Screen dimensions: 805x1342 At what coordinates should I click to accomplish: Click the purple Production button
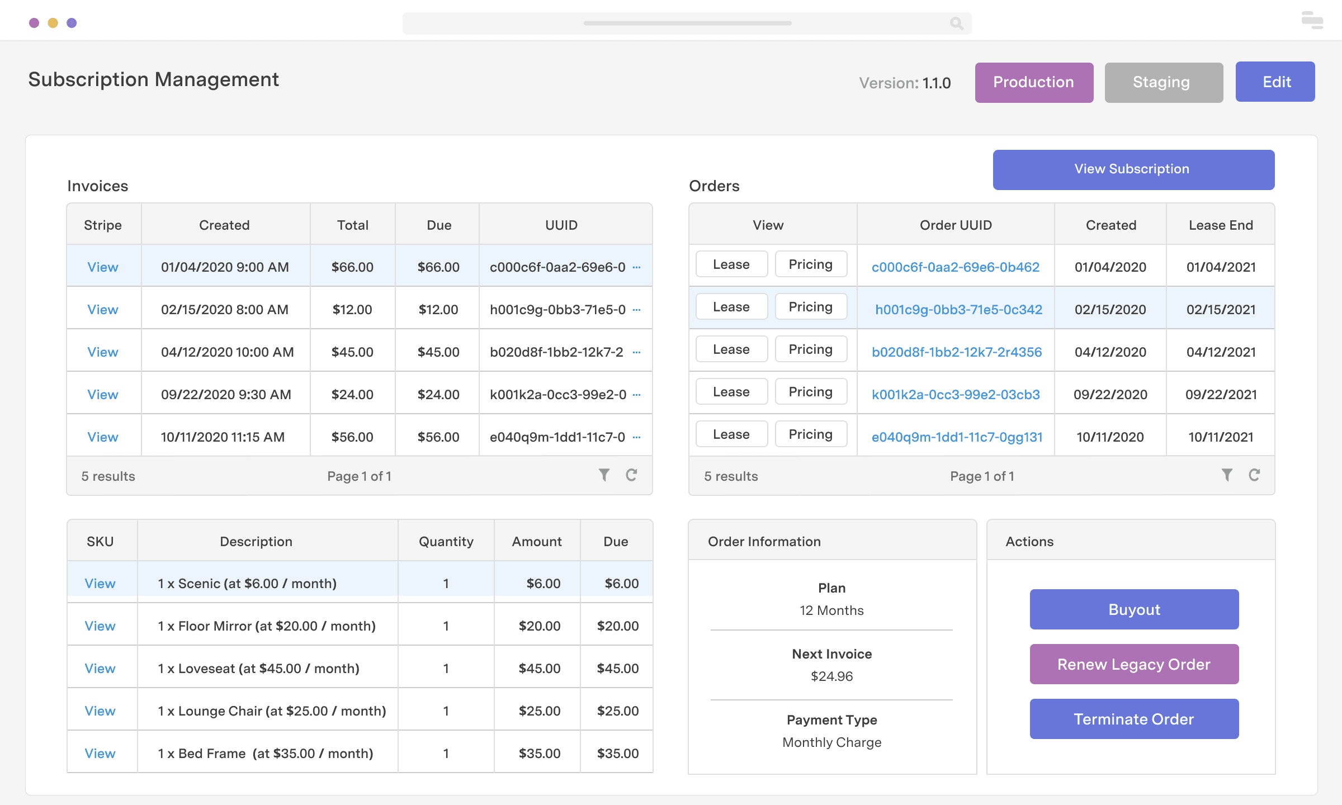[x=1034, y=82]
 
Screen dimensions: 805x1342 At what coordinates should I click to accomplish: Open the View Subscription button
[x=1133, y=169]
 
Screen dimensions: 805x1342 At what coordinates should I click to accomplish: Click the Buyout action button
[x=1134, y=609]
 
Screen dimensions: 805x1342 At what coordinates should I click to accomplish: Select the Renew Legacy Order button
[x=1134, y=664]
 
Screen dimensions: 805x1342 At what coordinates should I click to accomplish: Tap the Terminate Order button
[x=1134, y=719]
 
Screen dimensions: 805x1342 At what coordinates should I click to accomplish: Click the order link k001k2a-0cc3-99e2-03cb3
[x=956, y=395]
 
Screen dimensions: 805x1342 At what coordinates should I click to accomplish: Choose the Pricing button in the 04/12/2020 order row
[x=811, y=349]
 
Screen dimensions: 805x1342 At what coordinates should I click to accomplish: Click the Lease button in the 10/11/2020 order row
[x=731, y=434]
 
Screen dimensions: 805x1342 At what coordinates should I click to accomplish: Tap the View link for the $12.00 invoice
[x=103, y=310]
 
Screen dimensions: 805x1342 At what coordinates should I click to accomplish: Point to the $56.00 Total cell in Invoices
[x=352, y=437]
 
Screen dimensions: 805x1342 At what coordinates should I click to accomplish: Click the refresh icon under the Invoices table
[x=631, y=475]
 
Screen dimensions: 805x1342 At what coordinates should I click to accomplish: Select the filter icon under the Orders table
[x=1227, y=475]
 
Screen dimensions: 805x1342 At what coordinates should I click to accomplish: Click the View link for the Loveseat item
[x=100, y=669]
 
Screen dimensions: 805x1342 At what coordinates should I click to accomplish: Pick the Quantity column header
[x=446, y=541]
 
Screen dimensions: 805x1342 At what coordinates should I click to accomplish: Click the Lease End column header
[x=1221, y=225]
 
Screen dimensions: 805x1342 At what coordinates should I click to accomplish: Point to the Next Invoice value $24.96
[x=831, y=676]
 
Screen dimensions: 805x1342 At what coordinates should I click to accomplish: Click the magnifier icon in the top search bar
[x=956, y=23]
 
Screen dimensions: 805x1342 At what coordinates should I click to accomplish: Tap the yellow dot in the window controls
[x=53, y=23]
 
